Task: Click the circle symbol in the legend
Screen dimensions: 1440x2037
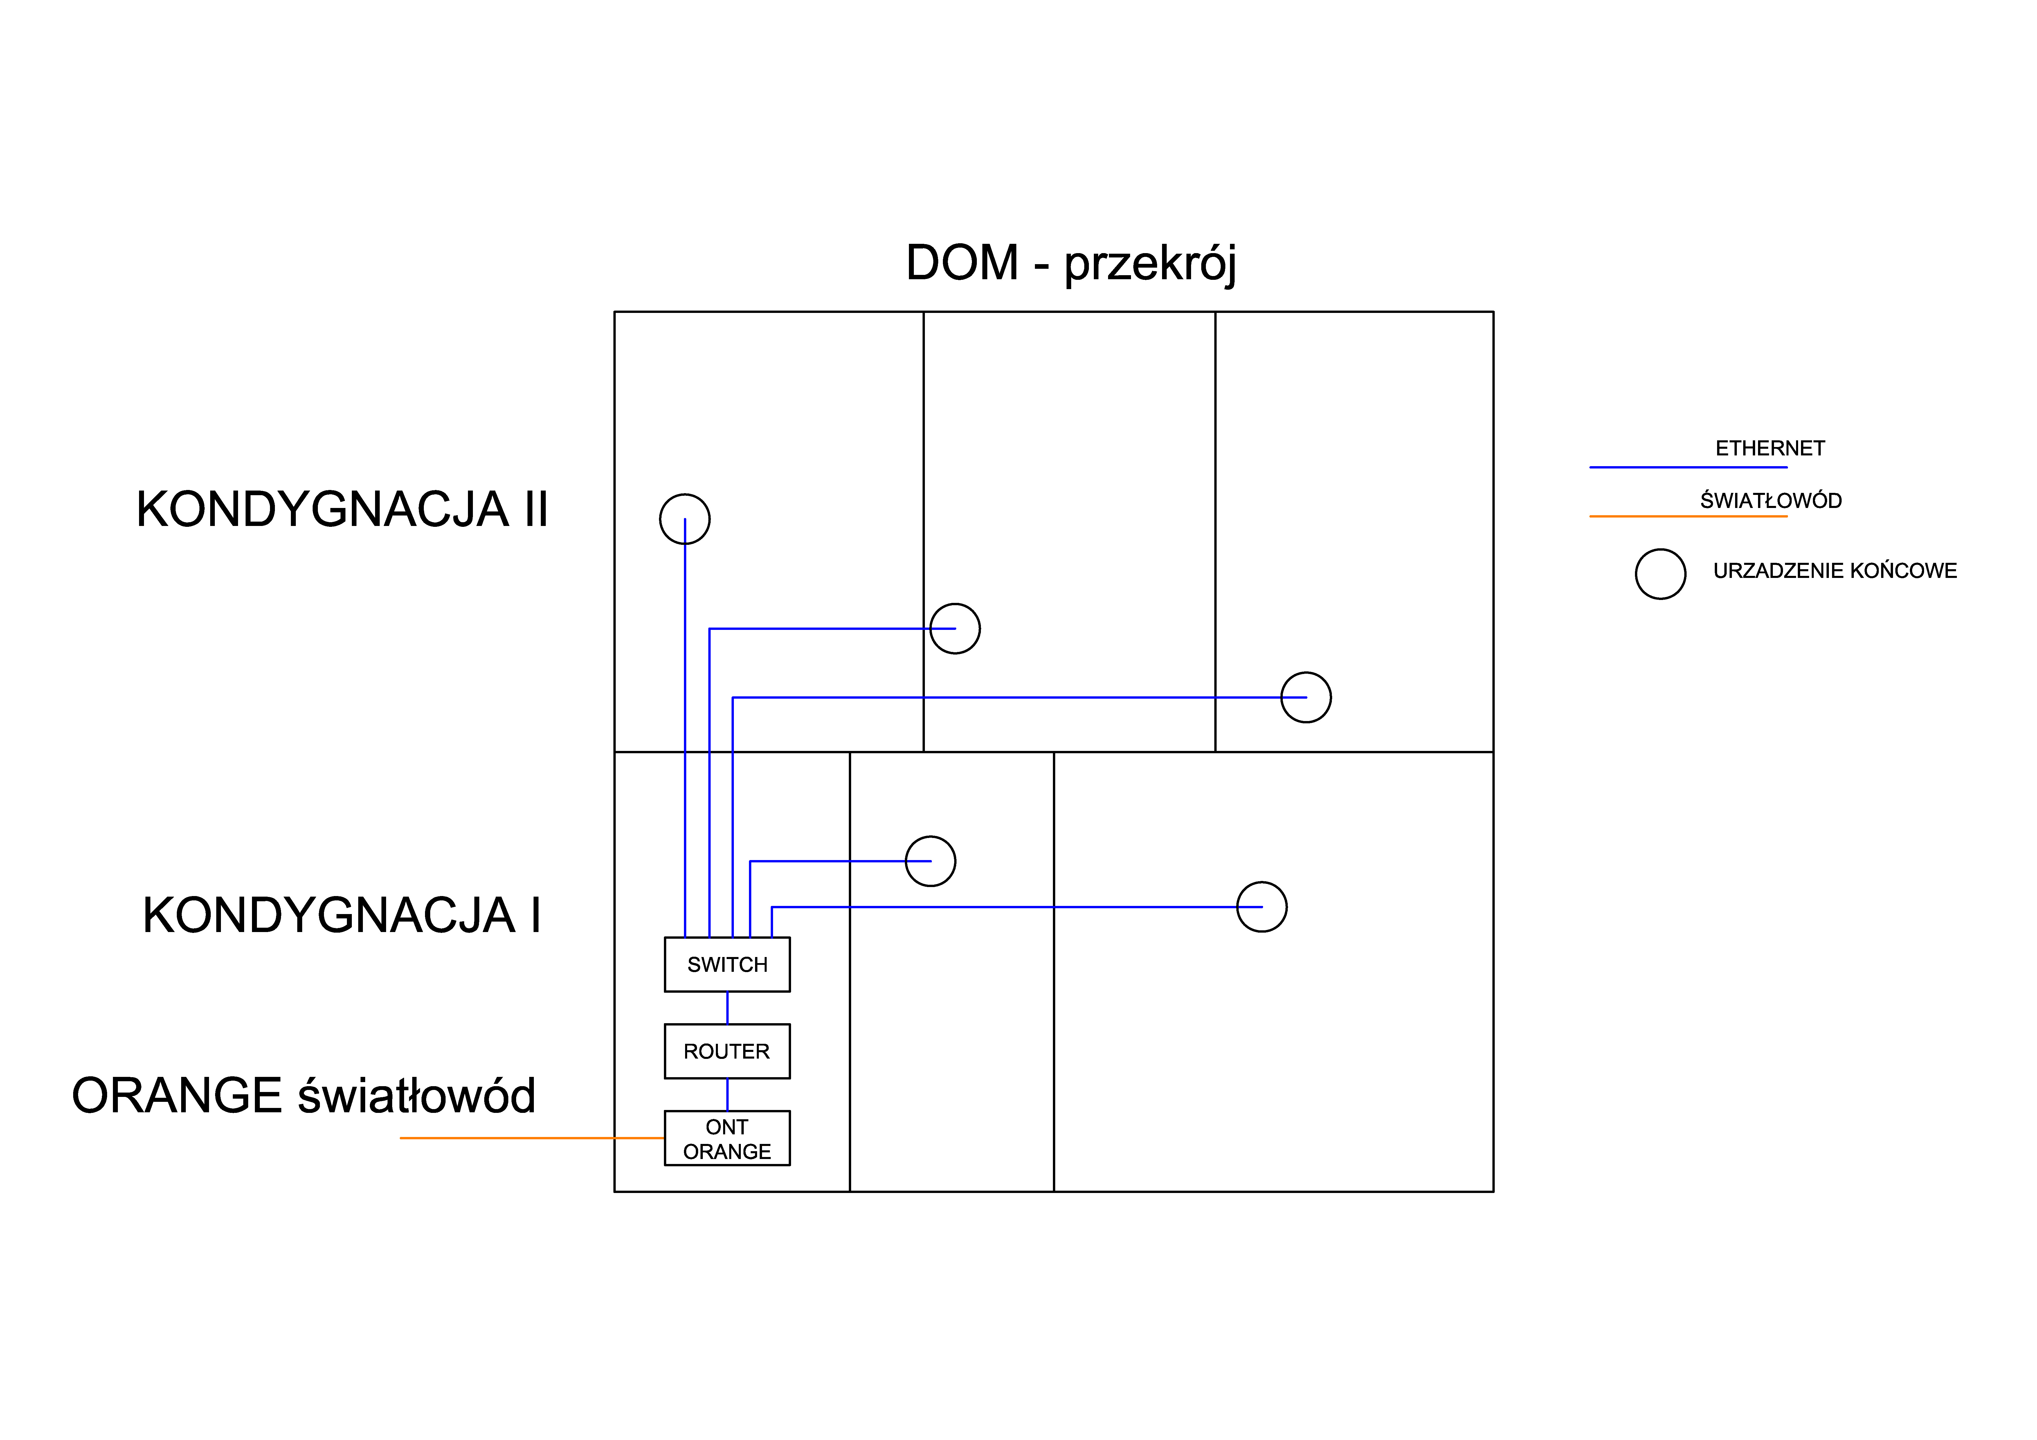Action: tap(1660, 574)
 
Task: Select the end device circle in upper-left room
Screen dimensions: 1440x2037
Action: tap(685, 519)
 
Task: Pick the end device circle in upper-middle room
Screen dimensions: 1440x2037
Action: tap(956, 629)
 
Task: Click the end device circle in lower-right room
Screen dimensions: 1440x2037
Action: tap(1262, 907)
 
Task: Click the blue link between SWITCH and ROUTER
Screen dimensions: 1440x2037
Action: tap(727, 1008)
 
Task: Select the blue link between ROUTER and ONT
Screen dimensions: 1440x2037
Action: tap(727, 1095)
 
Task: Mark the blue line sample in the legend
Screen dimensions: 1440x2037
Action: tap(1687, 467)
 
